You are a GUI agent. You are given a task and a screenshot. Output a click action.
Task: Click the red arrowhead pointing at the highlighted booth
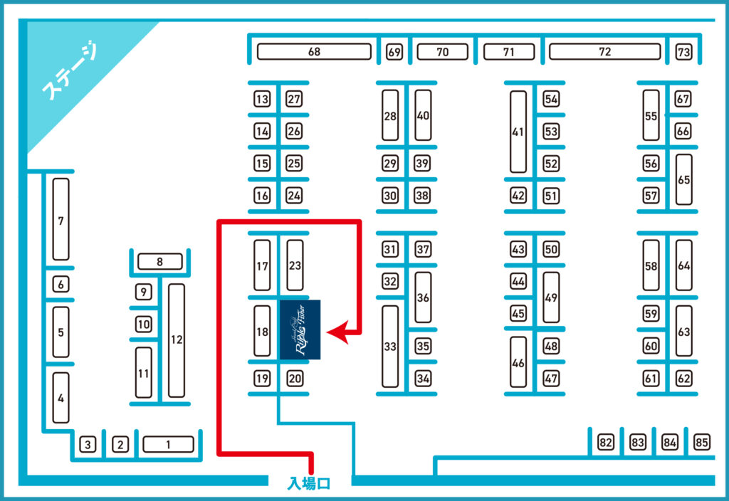(x=335, y=332)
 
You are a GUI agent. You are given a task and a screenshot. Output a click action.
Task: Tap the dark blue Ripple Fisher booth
(x=300, y=329)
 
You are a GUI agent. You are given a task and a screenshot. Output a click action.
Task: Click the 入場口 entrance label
(x=309, y=484)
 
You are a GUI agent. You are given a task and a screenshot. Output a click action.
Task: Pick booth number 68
(x=314, y=52)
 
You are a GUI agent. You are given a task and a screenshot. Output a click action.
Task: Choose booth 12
(x=177, y=340)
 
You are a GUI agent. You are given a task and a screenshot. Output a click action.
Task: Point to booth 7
(x=61, y=220)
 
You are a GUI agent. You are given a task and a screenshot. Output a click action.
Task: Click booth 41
(x=518, y=132)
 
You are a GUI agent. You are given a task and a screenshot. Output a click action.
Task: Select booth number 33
(x=390, y=347)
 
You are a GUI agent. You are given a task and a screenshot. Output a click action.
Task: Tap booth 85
(x=702, y=443)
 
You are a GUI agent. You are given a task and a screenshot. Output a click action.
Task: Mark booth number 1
(x=168, y=445)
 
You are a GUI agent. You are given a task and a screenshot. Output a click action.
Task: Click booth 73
(x=683, y=52)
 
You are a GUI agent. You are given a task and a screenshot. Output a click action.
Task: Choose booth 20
(x=295, y=379)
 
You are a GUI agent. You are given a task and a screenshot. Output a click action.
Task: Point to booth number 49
(x=551, y=297)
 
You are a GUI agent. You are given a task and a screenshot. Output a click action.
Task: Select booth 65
(x=683, y=180)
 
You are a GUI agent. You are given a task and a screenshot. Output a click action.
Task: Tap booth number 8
(x=159, y=262)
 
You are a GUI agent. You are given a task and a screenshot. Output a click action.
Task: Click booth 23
(x=295, y=265)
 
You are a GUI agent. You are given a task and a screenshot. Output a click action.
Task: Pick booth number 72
(x=604, y=52)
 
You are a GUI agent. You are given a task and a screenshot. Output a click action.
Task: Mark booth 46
(x=518, y=362)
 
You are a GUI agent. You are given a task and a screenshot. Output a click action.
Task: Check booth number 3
(x=88, y=445)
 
